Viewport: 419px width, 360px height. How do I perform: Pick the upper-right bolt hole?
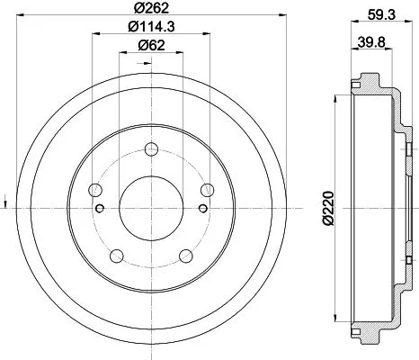(x=208, y=189)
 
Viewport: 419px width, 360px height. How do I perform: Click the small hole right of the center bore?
(x=203, y=209)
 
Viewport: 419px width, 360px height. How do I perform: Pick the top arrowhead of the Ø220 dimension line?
(x=337, y=94)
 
